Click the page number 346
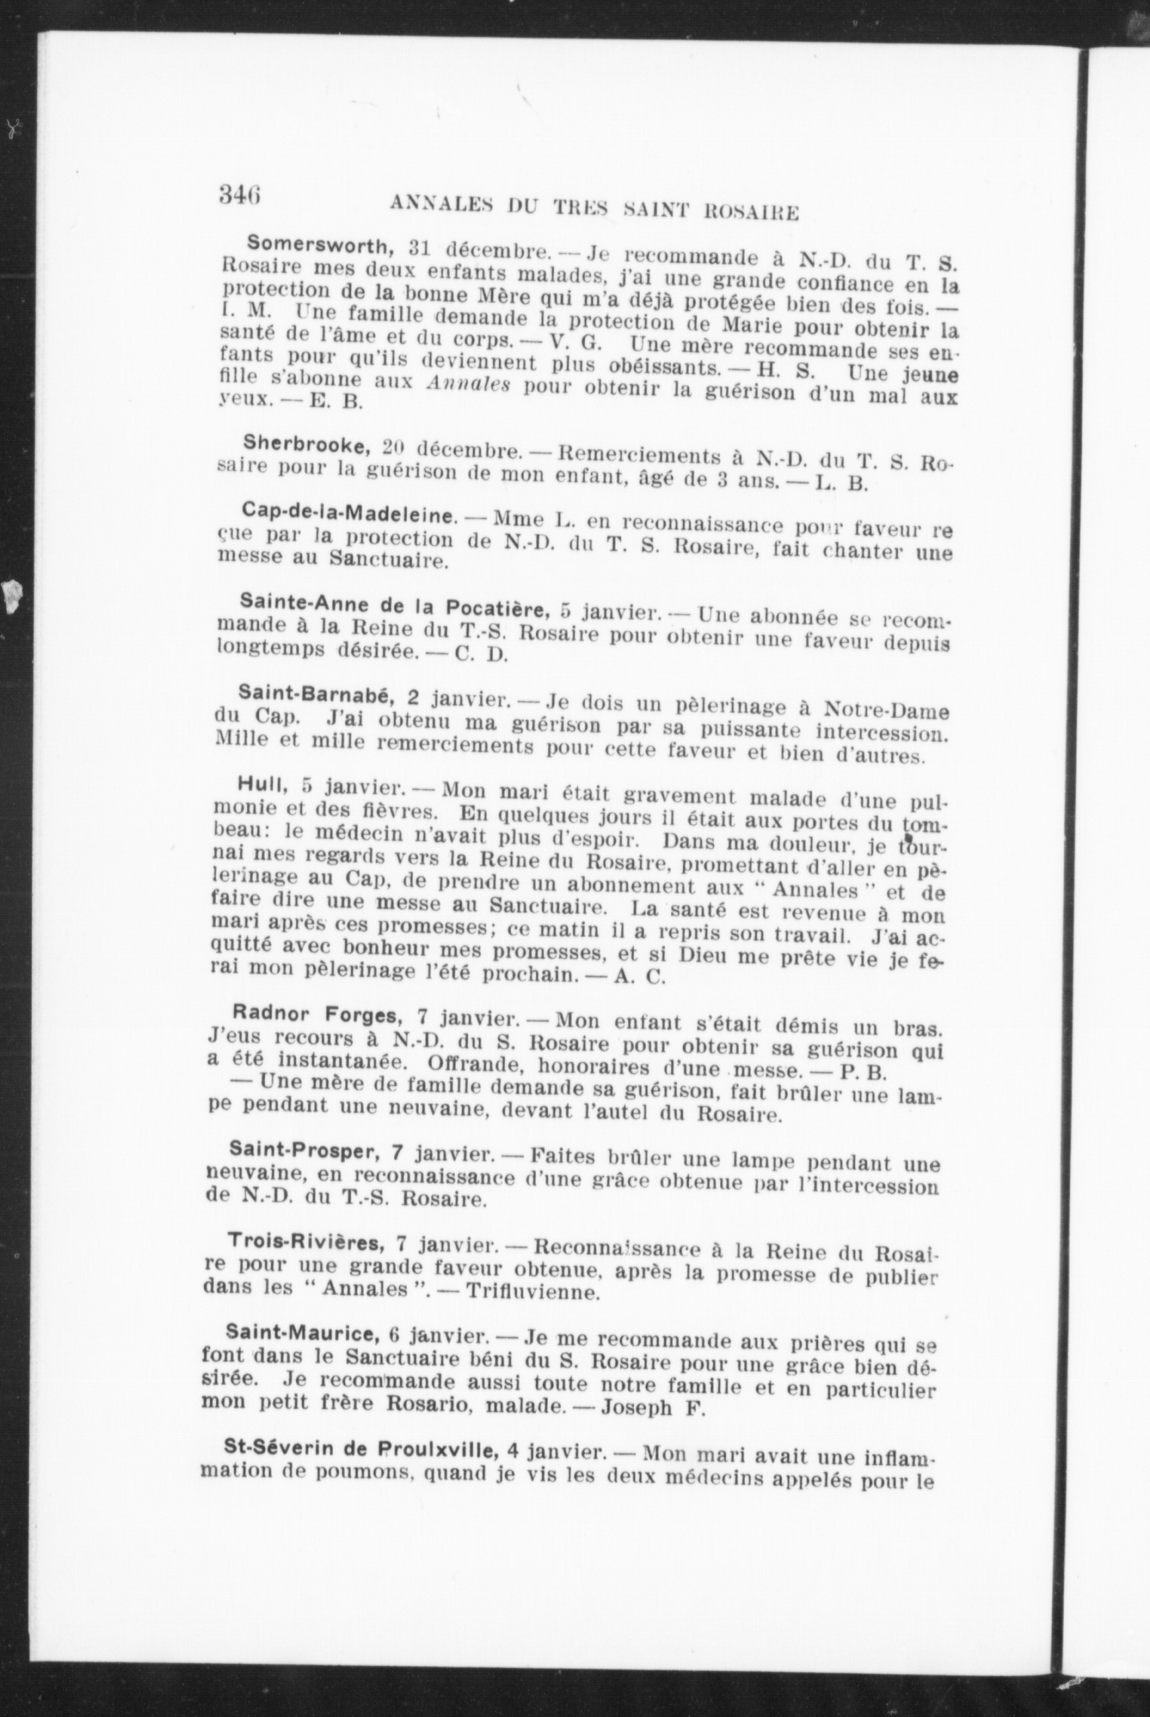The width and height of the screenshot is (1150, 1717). click(239, 196)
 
